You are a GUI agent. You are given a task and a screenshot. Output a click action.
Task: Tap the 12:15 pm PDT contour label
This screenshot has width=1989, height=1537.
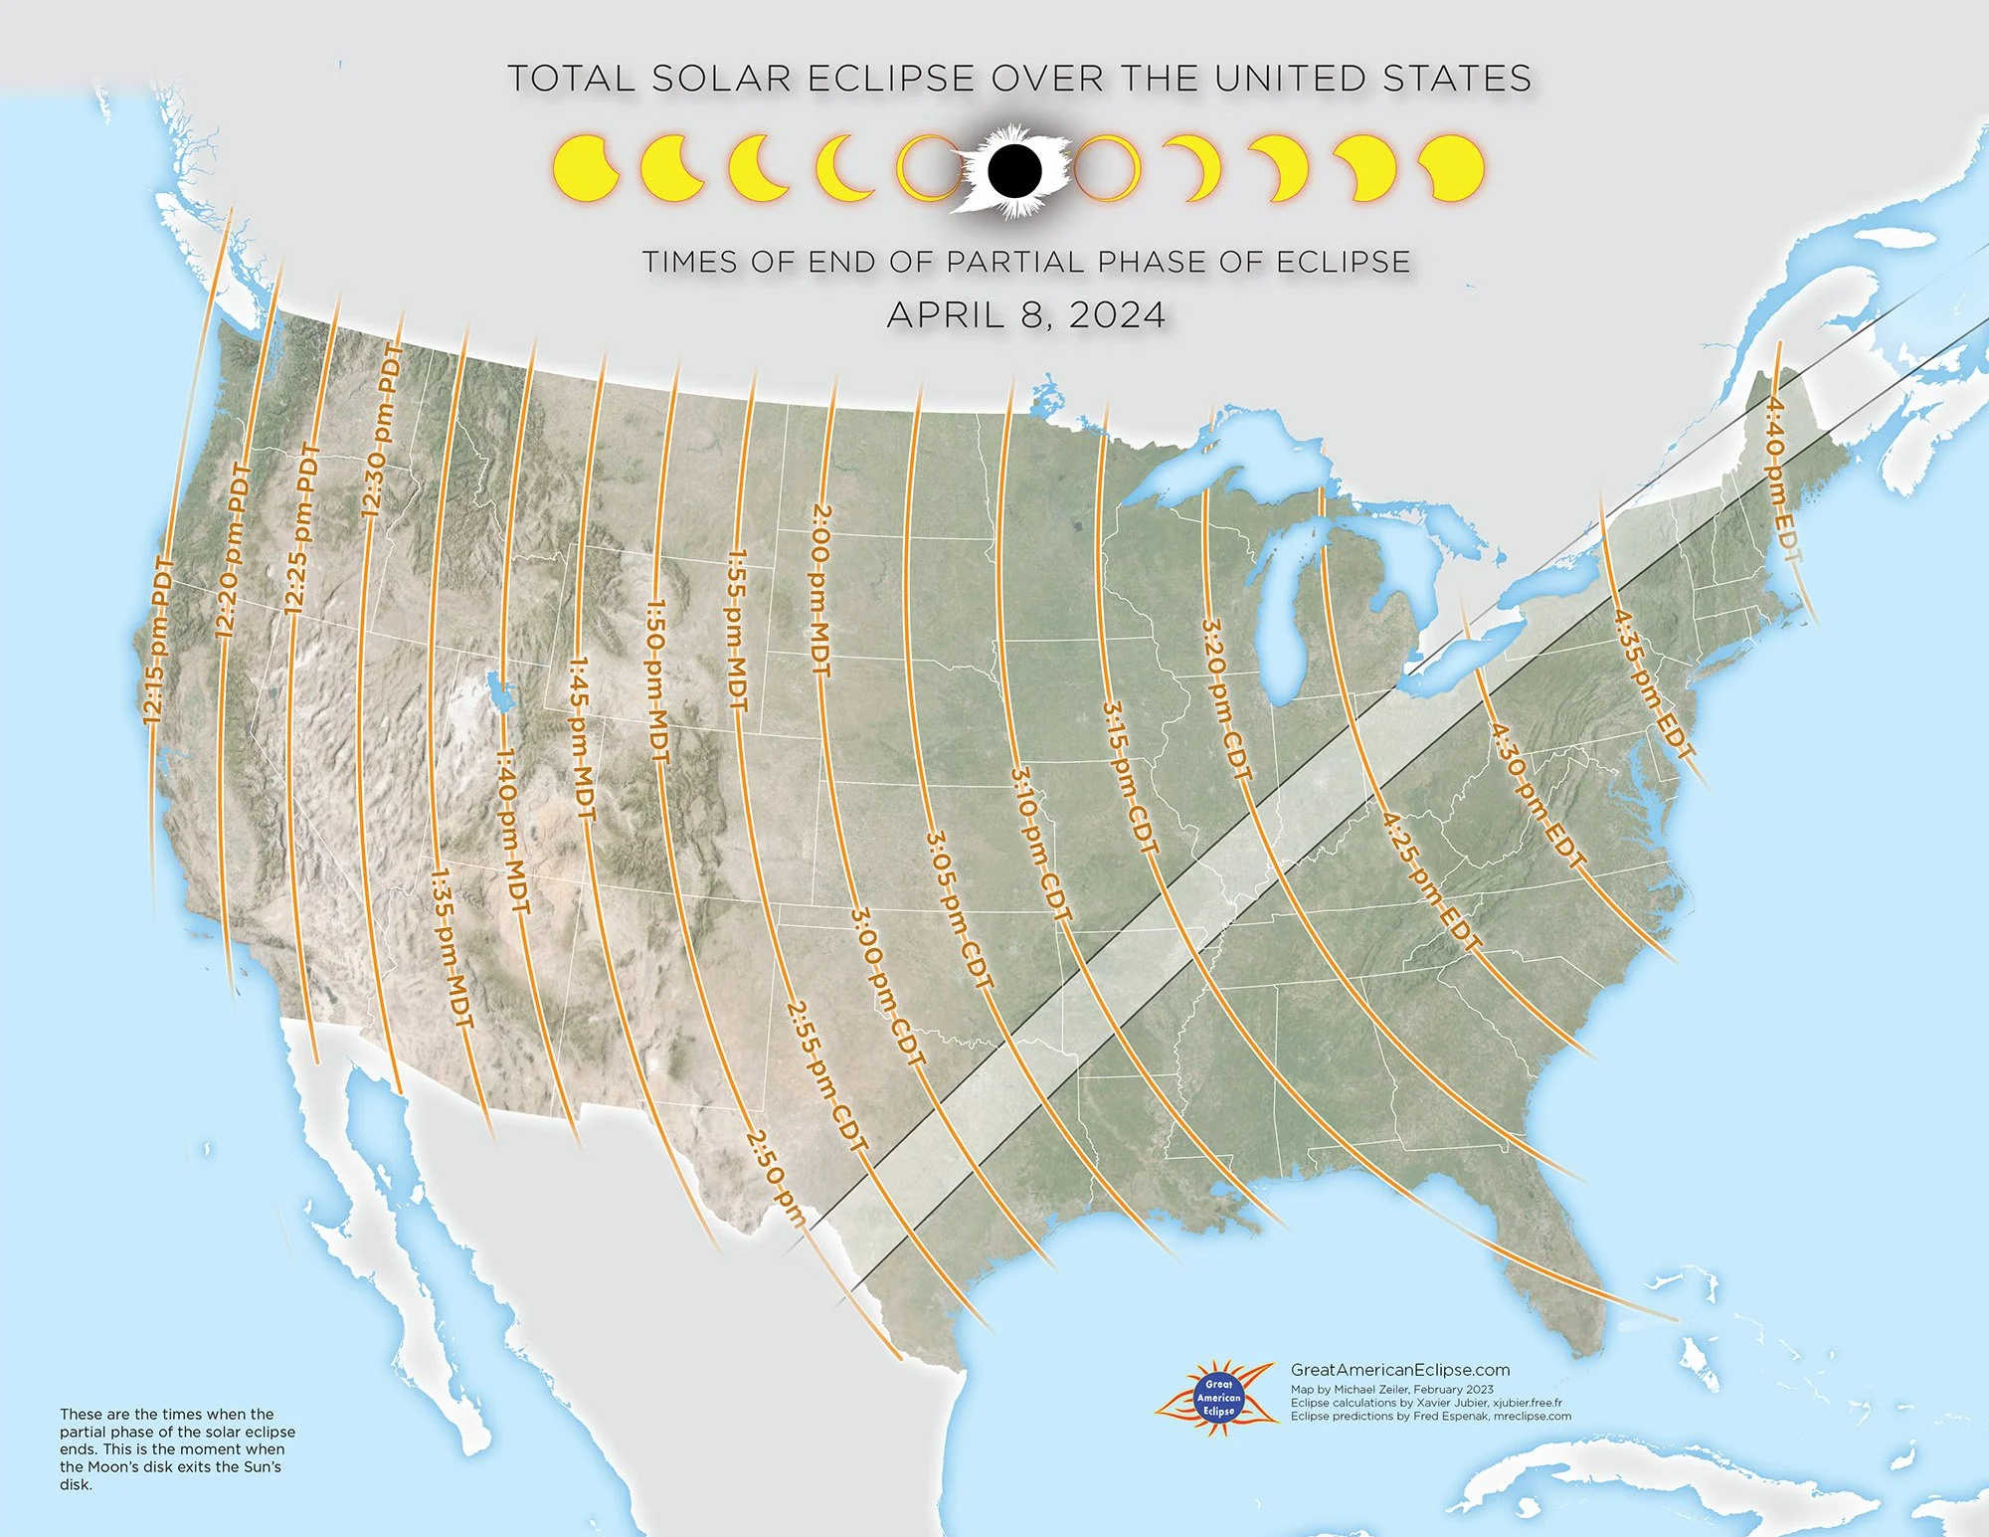(158, 641)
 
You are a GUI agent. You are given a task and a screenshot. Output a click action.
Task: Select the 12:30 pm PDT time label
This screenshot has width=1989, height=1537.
(383, 430)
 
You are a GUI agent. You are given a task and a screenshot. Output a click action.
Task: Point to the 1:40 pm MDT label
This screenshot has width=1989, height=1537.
(513, 831)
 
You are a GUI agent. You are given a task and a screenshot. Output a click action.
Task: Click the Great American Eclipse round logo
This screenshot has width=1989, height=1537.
(1218, 1397)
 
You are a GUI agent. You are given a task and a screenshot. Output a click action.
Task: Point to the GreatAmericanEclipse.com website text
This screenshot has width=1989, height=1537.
(1399, 1370)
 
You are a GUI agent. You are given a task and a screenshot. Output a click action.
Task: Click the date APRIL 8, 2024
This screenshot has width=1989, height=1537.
(1025, 314)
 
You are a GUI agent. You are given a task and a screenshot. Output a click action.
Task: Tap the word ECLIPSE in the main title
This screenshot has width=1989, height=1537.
(889, 79)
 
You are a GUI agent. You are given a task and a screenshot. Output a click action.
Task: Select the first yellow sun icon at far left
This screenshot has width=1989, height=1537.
(585, 168)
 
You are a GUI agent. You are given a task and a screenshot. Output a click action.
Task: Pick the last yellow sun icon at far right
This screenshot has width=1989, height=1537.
(1451, 168)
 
